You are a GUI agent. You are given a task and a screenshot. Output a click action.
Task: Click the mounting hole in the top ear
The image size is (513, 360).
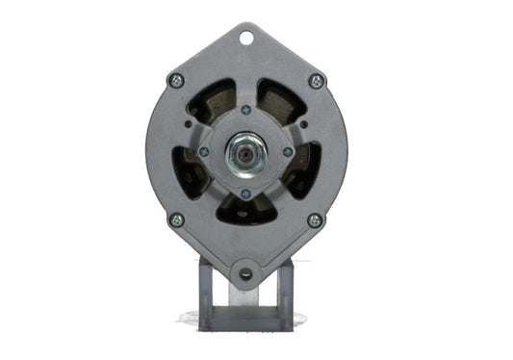pyautogui.click(x=246, y=39)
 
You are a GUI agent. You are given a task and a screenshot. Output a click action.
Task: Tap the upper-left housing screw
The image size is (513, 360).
pyautogui.click(x=175, y=81)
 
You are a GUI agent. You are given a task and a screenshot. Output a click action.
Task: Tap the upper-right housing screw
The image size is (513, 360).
pyautogui.click(x=316, y=81)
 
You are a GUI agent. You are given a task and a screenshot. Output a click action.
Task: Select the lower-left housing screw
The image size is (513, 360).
pyautogui.click(x=176, y=219)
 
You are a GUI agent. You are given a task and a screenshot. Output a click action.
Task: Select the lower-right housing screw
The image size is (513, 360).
pyautogui.click(x=315, y=219)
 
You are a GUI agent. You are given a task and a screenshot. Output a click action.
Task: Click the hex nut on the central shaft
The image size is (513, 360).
pyautogui.click(x=245, y=151)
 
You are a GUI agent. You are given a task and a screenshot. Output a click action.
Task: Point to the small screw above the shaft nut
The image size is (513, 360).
pyautogui.click(x=245, y=109)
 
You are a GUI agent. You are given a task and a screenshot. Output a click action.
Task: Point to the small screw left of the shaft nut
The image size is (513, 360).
pyautogui.click(x=204, y=151)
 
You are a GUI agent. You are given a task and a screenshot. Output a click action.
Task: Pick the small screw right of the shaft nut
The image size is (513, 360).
pyautogui.click(x=287, y=151)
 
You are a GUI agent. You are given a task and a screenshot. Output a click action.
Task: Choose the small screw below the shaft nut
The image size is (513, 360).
pyautogui.click(x=245, y=193)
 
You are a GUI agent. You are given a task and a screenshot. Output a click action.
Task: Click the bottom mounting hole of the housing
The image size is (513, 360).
pyautogui.click(x=246, y=273)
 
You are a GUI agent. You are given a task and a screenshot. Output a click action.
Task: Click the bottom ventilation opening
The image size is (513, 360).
pyautogui.click(x=246, y=211)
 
